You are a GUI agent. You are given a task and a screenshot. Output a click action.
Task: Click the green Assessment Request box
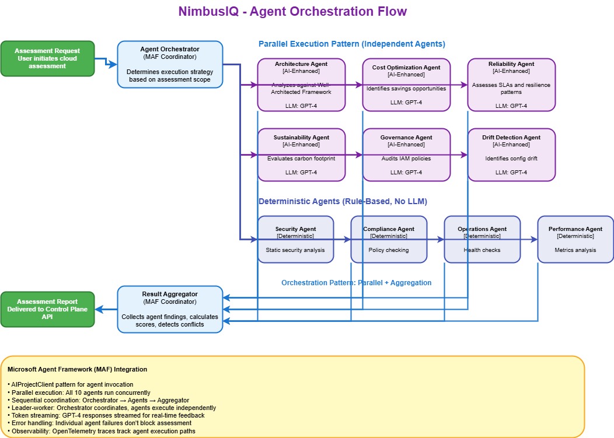point(47,58)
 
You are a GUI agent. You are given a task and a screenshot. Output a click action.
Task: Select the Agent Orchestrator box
point(170,64)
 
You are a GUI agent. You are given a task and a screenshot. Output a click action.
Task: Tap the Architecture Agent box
point(301,85)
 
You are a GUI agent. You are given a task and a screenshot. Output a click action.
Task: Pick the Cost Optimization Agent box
point(406,85)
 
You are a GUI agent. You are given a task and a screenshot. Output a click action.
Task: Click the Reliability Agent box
point(511,85)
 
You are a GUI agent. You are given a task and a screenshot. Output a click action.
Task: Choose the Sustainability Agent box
point(301,155)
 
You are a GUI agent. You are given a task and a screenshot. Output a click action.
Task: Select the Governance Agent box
point(406,155)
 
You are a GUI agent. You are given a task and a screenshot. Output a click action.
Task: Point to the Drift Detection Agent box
point(511,155)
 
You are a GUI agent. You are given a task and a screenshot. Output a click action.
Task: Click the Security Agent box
point(295,239)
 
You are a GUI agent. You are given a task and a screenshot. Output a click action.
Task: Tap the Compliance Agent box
point(389,239)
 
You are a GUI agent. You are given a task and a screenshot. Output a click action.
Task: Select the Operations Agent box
point(482,239)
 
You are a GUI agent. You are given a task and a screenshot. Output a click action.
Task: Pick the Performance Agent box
point(575,239)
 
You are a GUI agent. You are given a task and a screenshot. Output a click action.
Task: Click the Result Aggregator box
point(170,309)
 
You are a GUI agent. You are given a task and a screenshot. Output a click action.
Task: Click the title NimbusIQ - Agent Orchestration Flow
point(292,12)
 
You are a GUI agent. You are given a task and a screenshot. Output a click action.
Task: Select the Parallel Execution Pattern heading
point(352,44)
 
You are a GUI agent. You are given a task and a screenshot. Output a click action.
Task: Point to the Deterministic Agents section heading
point(343,201)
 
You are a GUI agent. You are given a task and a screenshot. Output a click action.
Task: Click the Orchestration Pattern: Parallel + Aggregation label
point(356,282)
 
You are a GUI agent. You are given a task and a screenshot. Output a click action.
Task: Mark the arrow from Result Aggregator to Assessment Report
point(106,309)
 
